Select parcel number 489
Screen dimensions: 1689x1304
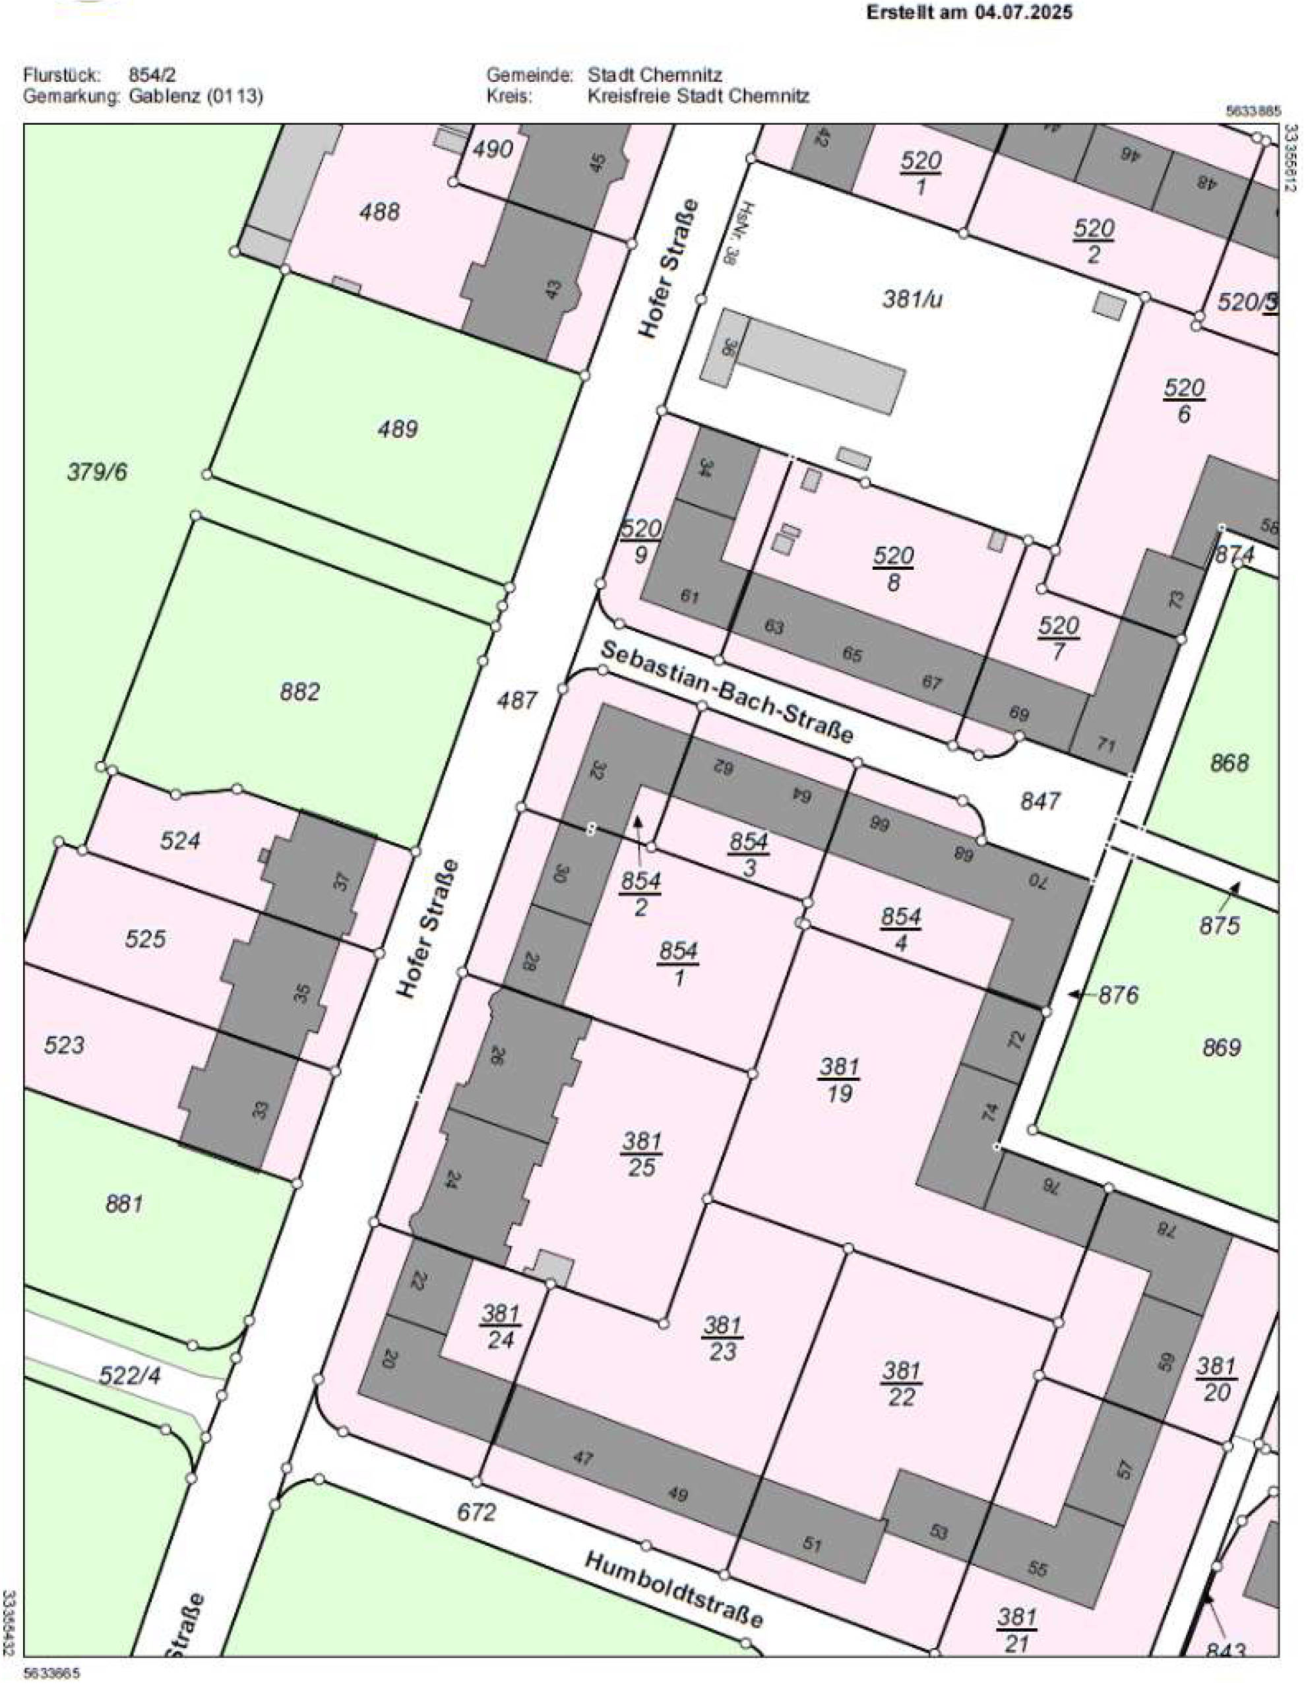click(398, 429)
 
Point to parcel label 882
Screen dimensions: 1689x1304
click(299, 691)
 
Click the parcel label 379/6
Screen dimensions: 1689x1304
click(98, 472)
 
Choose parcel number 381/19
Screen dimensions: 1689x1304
click(839, 1080)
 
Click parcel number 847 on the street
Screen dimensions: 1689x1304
click(1040, 801)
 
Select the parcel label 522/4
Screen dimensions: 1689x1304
click(129, 1375)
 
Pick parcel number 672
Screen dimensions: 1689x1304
click(475, 1511)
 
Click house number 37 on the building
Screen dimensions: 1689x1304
click(342, 882)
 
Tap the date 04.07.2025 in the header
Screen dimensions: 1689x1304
click(1023, 13)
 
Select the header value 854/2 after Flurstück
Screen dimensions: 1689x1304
click(152, 75)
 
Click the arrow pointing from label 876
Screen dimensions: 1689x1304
click(1076, 995)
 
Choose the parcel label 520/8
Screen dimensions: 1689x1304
click(893, 568)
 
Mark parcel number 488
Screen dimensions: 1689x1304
click(379, 211)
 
